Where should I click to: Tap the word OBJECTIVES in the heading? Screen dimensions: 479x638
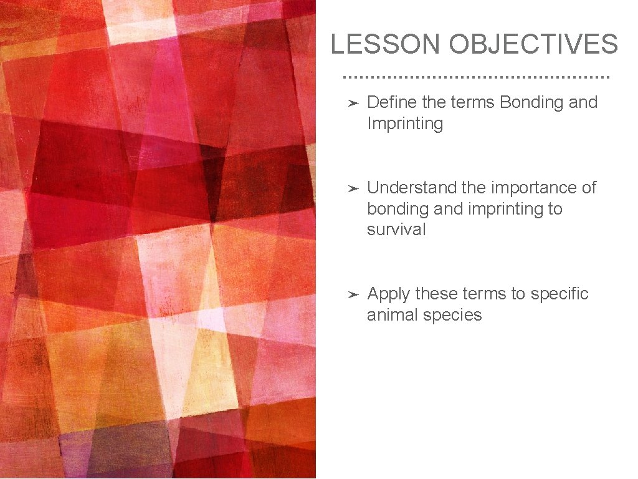[x=533, y=44]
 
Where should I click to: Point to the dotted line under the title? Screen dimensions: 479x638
[x=477, y=77]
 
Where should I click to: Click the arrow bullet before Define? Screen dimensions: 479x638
[x=352, y=103]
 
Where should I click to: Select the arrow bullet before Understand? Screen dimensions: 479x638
[x=352, y=188]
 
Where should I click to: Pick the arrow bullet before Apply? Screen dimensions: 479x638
[x=352, y=294]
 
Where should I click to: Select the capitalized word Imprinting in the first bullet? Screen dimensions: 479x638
[x=405, y=123]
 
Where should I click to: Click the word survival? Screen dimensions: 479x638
[x=396, y=230]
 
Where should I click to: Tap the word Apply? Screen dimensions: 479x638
[x=389, y=294]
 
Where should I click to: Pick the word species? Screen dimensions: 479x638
[x=452, y=315]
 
